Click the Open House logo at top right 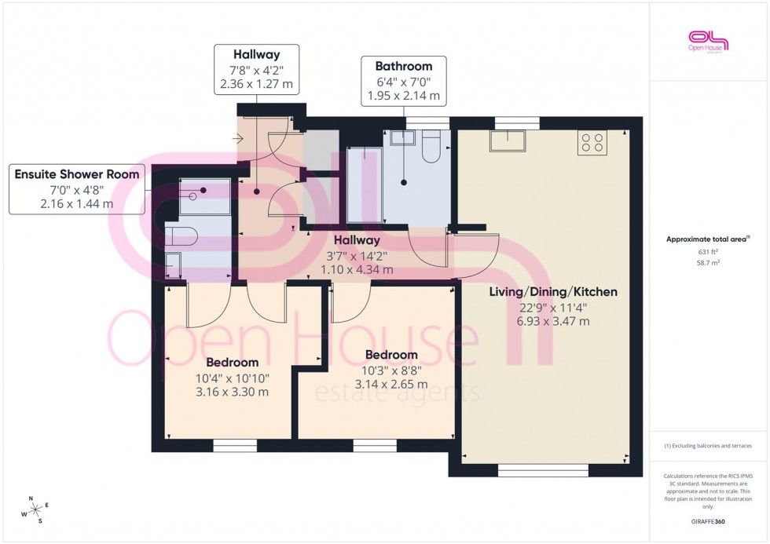[x=708, y=40]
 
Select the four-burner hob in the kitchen [x=592, y=142]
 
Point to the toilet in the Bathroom [x=431, y=148]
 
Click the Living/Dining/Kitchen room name [x=553, y=292]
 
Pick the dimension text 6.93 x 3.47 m [x=553, y=321]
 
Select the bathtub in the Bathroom [x=365, y=185]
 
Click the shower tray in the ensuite [x=205, y=196]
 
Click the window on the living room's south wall [x=543, y=471]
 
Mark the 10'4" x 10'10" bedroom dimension [x=233, y=378]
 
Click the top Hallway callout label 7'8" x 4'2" [x=256, y=69]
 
